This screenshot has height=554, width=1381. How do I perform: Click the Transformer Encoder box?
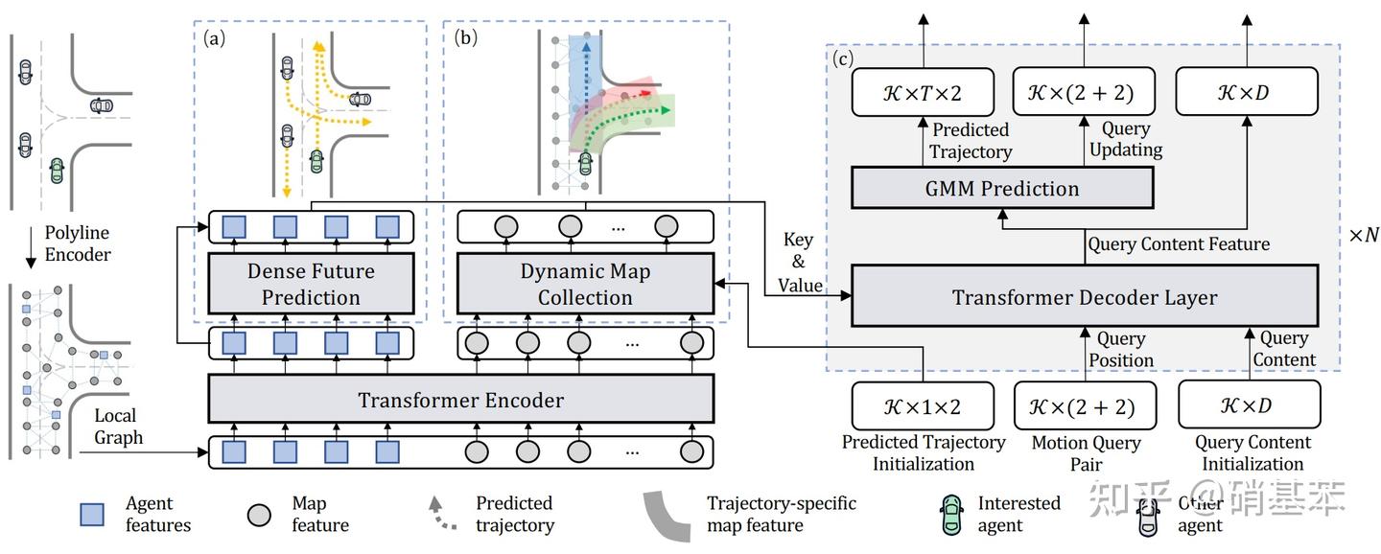click(460, 399)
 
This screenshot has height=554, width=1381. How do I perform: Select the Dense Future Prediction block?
click(311, 284)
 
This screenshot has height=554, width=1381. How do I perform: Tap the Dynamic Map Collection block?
click(585, 284)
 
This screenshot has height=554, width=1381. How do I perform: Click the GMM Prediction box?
click(1002, 188)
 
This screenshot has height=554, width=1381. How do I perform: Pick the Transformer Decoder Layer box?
click(1084, 297)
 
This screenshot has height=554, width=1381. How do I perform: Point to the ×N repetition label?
click(1363, 235)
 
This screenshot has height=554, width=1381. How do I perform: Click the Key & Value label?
click(798, 262)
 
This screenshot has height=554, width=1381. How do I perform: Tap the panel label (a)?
click(215, 38)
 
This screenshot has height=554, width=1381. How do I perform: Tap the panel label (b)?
click(466, 38)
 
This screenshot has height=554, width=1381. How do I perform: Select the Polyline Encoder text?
click(78, 243)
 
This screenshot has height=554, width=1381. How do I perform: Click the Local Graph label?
click(118, 427)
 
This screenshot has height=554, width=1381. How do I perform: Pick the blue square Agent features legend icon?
click(92, 515)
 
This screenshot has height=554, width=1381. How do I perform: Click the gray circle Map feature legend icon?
click(257, 515)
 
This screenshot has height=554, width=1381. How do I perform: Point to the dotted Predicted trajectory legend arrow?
click(438, 514)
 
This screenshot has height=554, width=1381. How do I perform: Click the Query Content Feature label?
click(1178, 244)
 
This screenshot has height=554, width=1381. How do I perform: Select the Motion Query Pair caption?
click(1086, 452)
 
